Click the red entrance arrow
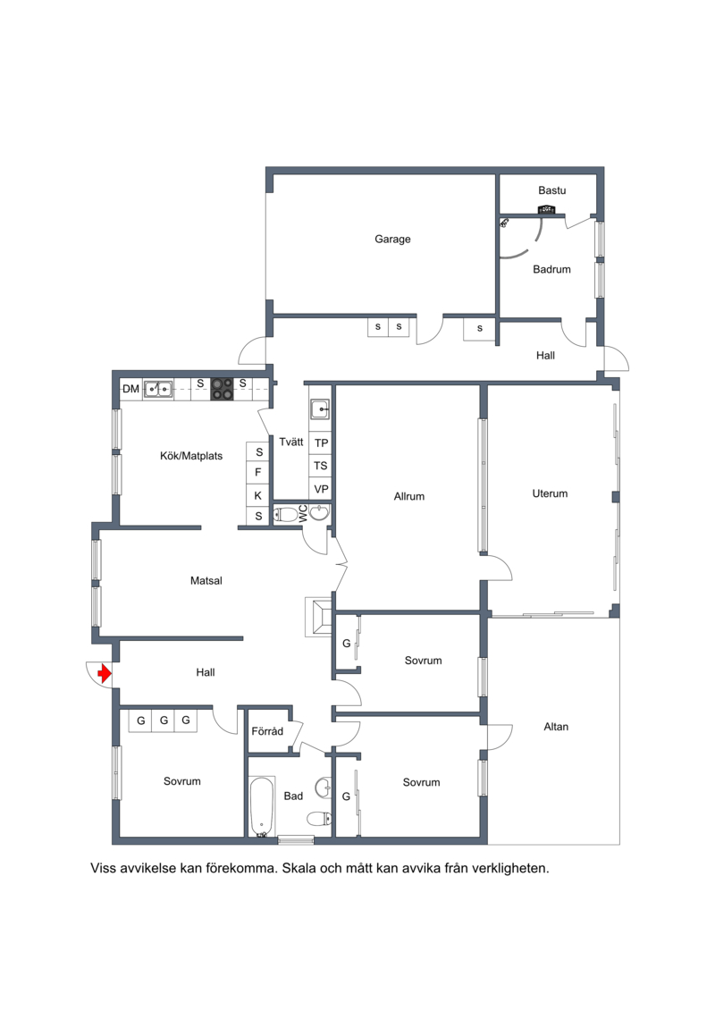[x=104, y=674]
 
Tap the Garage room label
[x=392, y=240]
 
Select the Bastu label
[x=551, y=190]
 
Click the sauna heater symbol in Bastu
[x=547, y=209]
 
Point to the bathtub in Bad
[x=262, y=807]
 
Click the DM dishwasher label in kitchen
[x=130, y=389]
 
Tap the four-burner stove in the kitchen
[x=222, y=389]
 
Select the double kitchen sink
[x=158, y=389]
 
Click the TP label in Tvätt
[x=321, y=443]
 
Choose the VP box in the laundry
[x=321, y=489]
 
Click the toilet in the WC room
[x=286, y=514]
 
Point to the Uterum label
[x=550, y=494]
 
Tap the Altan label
[x=556, y=727]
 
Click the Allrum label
[x=409, y=496]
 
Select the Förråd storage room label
[x=267, y=731]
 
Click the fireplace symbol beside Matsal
[x=318, y=615]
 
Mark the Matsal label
[x=206, y=581]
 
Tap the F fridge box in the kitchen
[x=258, y=473]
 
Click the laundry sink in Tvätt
[x=321, y=409]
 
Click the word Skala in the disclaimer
[x=300, y=869]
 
